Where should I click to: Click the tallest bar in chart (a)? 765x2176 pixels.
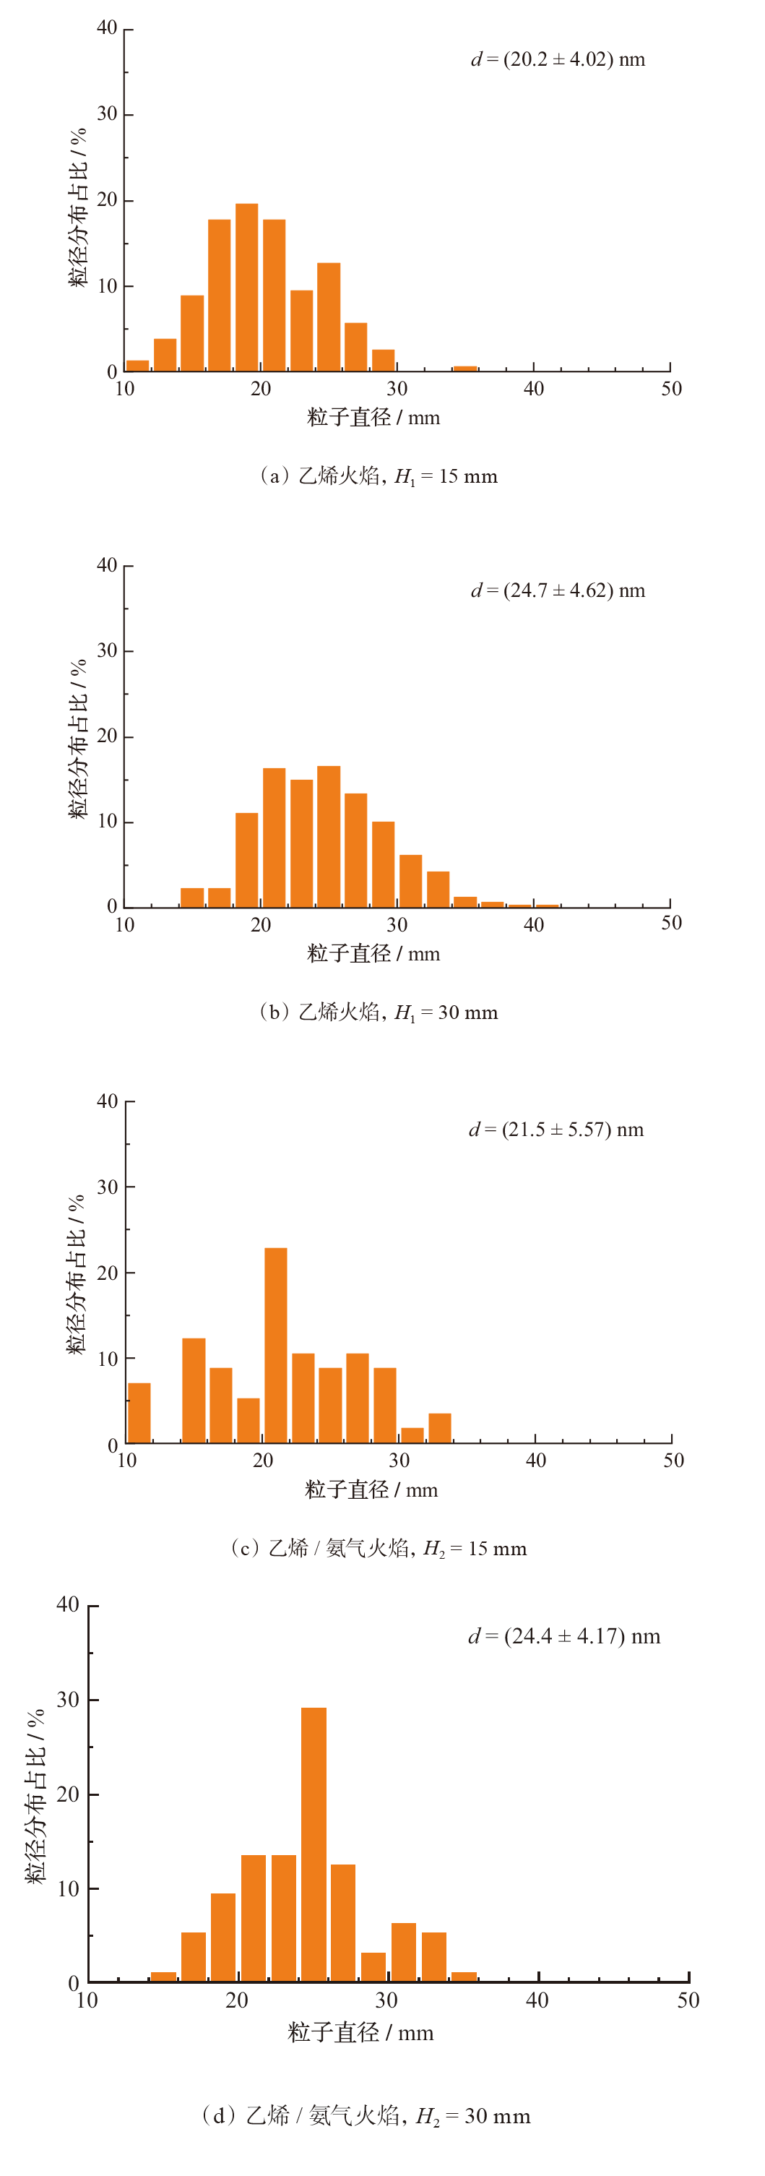point(246,287)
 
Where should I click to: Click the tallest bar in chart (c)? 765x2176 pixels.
point(275,1345)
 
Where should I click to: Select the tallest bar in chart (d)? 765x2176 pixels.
point(314,1844)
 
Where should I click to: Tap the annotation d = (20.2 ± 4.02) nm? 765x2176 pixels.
point(557,59)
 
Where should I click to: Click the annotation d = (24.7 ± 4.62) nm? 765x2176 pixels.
point(557,590)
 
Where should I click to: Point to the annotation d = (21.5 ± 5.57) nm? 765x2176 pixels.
point(556,1130)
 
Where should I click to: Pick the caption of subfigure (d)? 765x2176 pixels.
point(366,2115)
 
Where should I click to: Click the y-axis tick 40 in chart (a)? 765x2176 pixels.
point(107,28)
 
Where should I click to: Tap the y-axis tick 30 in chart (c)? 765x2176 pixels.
point(107,1187)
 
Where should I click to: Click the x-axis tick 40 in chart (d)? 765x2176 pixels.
point(537,2000)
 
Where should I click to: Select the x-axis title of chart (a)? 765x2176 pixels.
point(373,417)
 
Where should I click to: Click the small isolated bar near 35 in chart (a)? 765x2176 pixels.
point(464,369)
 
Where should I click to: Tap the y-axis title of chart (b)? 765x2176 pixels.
point(78,739)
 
